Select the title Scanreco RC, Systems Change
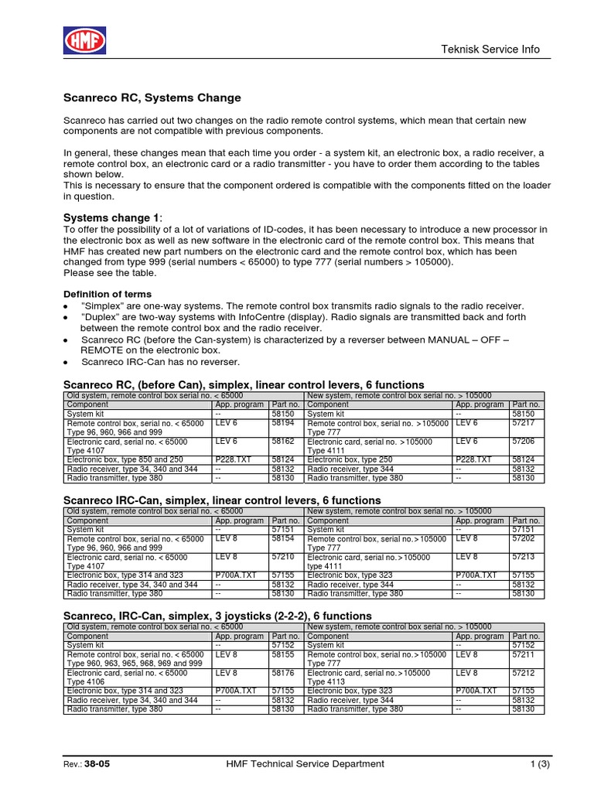pos(152,98)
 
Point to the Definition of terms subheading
pos(107,294)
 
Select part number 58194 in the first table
pos(283,424)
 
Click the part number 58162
pos(283,442)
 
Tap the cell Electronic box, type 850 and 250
pos(125,459)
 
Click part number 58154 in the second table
pos(283,538)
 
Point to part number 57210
pos(283,556)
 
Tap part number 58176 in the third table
pos(283,673)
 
